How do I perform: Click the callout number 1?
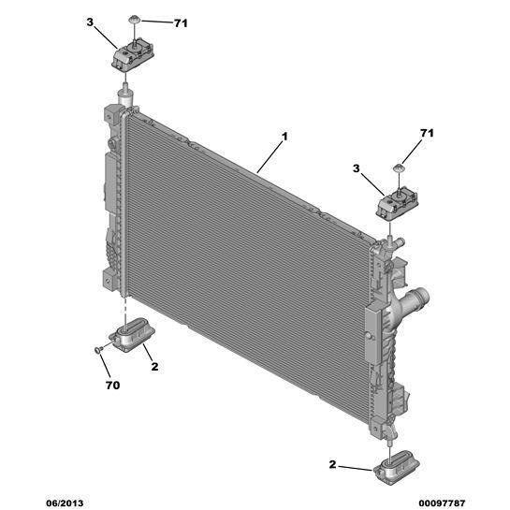tap(284, 137)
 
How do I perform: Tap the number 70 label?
tap(112, 386)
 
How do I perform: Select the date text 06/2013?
tap(65, 503)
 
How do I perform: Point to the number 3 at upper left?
tap(90, 22)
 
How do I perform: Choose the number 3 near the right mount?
tap(357, 168)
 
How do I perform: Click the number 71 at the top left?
tap(181, 23)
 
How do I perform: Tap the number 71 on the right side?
tap(427, 133)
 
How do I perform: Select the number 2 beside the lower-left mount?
tap(154, 367)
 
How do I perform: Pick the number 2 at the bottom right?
tap(332, 464)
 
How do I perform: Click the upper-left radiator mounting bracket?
tap(132, 56)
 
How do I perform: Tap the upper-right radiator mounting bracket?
tap(397, 203)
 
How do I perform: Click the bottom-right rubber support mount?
tap(397, 467)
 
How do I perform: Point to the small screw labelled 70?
tap(98, 349)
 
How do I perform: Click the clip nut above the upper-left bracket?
tap(134, 19)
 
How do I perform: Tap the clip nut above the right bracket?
tap(399, 168)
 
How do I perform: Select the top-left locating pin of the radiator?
tap(126, 94)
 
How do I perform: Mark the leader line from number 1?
tap(270, 157)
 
